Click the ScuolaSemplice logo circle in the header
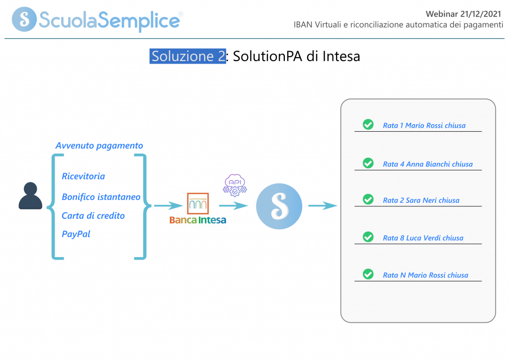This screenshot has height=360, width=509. [24, 19]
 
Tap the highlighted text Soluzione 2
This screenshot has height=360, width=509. [188, 56]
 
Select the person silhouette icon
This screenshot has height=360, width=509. [30, 196]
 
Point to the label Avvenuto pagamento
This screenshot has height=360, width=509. [99, 146]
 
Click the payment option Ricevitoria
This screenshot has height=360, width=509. [83, 176]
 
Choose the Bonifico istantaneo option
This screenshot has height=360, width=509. [101, 197]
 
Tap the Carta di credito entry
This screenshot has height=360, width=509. [93, 216]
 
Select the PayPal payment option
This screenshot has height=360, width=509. [76, 234]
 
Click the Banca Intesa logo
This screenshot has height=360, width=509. [197, 209]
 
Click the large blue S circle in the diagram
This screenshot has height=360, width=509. [279, 206]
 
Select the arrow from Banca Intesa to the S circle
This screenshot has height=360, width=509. [233, 206]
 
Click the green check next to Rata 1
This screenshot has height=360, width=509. [368, 124]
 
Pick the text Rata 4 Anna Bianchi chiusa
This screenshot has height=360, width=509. [427, 164]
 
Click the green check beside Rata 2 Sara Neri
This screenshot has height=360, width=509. [368, 199]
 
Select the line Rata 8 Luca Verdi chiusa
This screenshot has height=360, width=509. [423, 238]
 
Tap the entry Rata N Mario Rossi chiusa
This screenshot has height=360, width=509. [425, 275]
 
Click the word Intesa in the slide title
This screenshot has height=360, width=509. [340, 56]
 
